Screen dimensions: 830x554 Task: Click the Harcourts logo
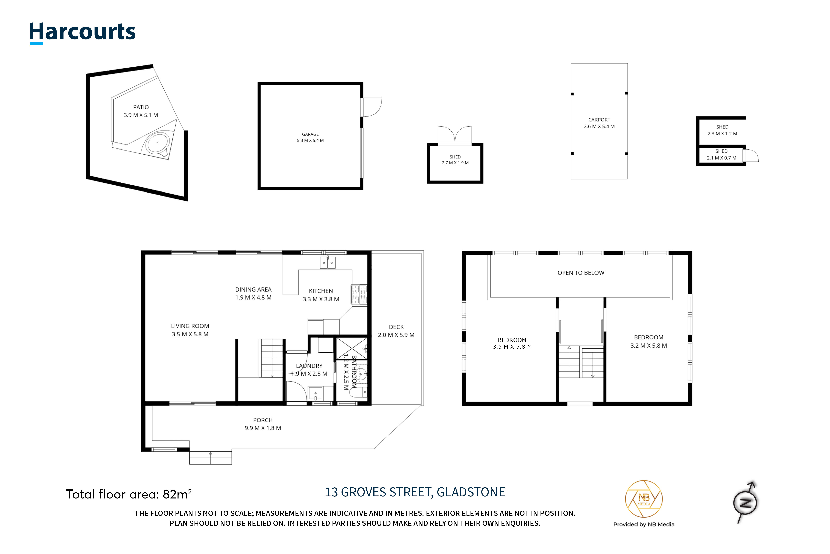click(82, 33)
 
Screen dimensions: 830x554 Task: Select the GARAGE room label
click(310, 134)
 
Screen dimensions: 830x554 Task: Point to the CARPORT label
click(599, 120)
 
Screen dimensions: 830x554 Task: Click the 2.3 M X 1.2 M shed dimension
click(722, 134)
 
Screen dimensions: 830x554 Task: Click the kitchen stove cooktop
click(359, 294)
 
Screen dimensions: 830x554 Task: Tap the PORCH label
click(263, 420)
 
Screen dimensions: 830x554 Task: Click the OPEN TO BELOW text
click(581, 273)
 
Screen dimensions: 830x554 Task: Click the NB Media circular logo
click(644, 499)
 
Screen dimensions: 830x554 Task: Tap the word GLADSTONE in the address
click(471, 492)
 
